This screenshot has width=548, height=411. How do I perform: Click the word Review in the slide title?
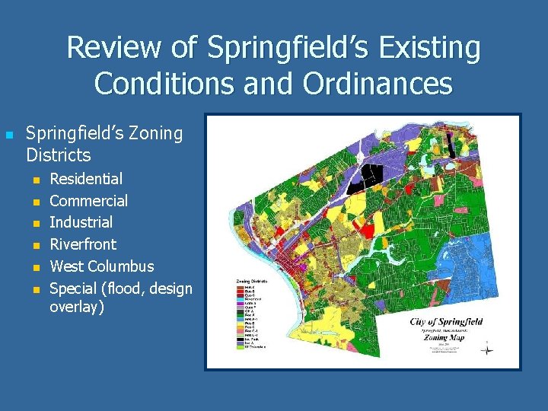114,48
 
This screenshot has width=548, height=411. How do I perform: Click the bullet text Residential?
85,179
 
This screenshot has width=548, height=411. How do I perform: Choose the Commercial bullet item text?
88,201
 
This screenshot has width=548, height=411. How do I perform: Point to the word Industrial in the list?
81,222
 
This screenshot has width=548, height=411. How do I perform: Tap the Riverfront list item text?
83,244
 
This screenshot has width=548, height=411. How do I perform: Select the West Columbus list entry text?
101,266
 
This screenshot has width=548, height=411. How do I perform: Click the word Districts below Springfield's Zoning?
58,155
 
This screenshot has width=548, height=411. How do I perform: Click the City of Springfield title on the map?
446,322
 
